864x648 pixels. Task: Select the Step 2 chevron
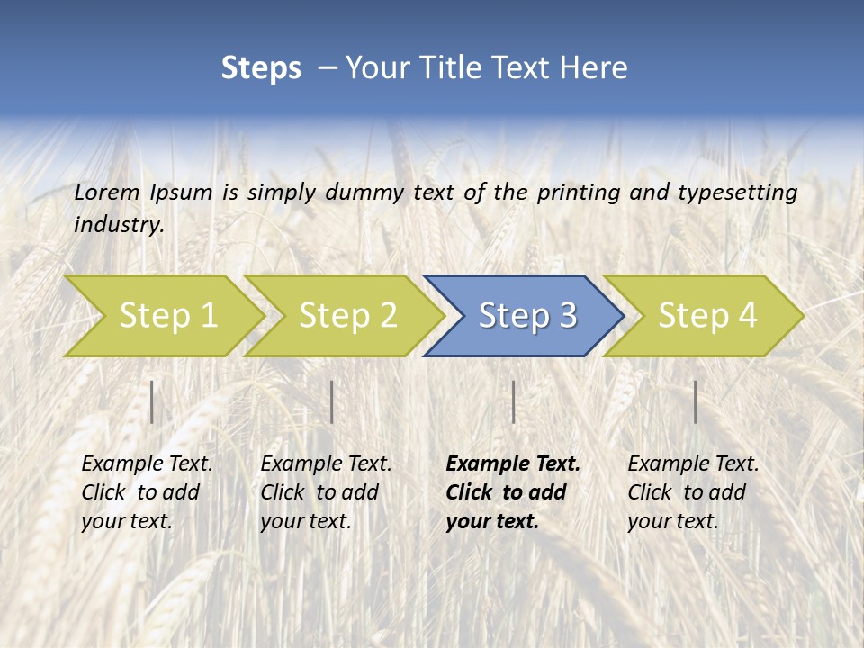pyautogui.click(x=347, y=315)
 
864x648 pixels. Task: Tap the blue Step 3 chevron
pyautogui.click(x=527, y=315)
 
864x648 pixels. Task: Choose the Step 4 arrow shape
pyautogui.click(x=707, y=315)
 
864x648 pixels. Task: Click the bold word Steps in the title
pyautogui.click(x=261, y=68)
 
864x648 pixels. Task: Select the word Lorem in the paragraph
pyautogui.click(x=107, y=193)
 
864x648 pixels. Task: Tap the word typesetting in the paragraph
pyautogui.click(x=737, y=193)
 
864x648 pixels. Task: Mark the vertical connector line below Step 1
pyautogui.click(x=152, y=401)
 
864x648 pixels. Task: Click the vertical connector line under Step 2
pyautogui.click(x=332, y=401)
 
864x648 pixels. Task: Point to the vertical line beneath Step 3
pyautogui.click(x=513, y=401)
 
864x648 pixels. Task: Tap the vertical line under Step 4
pyautogui.click(x=695, y=401)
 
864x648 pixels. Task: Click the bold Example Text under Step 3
pyautogui.click(x=513, y=464)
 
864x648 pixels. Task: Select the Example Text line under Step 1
pyautogui.click(x=147, y=464)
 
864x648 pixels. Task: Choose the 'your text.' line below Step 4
pyautogui.click(x=672, y=521)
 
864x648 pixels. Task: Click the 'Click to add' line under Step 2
pyautogui.click(x=319, y=492)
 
